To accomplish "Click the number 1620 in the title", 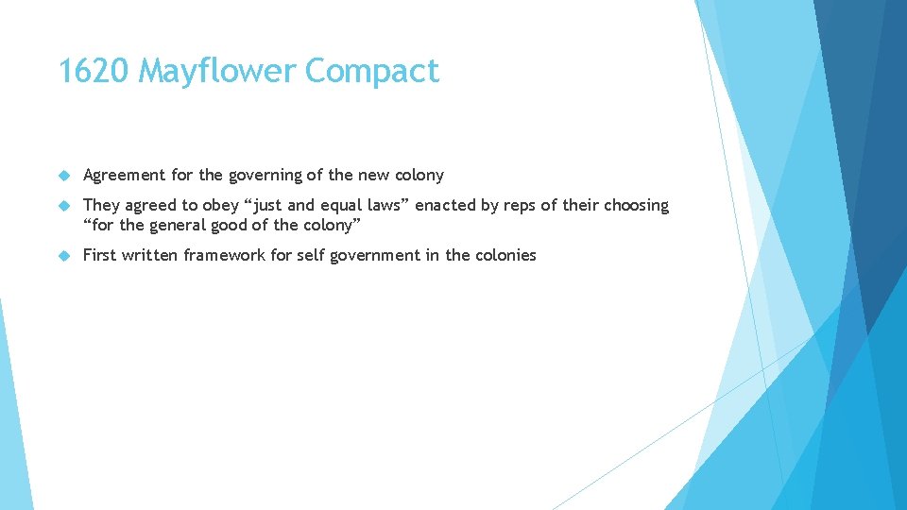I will pyautogui.click(x=94, y=71).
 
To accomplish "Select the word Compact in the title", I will pyautogui.click(x=373, y=71).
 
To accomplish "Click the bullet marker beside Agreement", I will pyautogui.click(x=64, y=176).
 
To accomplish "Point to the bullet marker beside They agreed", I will pyautogui.click(x=64, y=206).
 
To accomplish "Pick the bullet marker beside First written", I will pyautogui.click(x=64, y=255).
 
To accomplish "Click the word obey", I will pyautogui.click(x=222, y=206).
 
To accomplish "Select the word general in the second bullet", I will pyautogui.click(x=183, y=225).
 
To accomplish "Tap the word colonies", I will pyautogui.click(x=505, y=255).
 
